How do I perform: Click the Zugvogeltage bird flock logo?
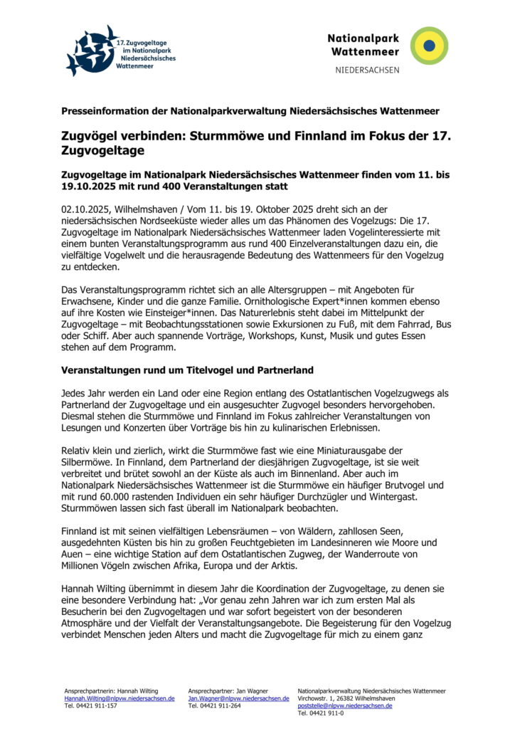pos(92,51)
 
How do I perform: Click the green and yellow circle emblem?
pos(429,46)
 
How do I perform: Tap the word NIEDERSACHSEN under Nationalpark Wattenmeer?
pos(367,70)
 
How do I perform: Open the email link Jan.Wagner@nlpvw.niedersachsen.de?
pos(238,698)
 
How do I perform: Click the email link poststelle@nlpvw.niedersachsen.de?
pos(345,706)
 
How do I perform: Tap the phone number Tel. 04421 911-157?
pos(90,706)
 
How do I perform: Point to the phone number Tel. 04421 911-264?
pos(214,706)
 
